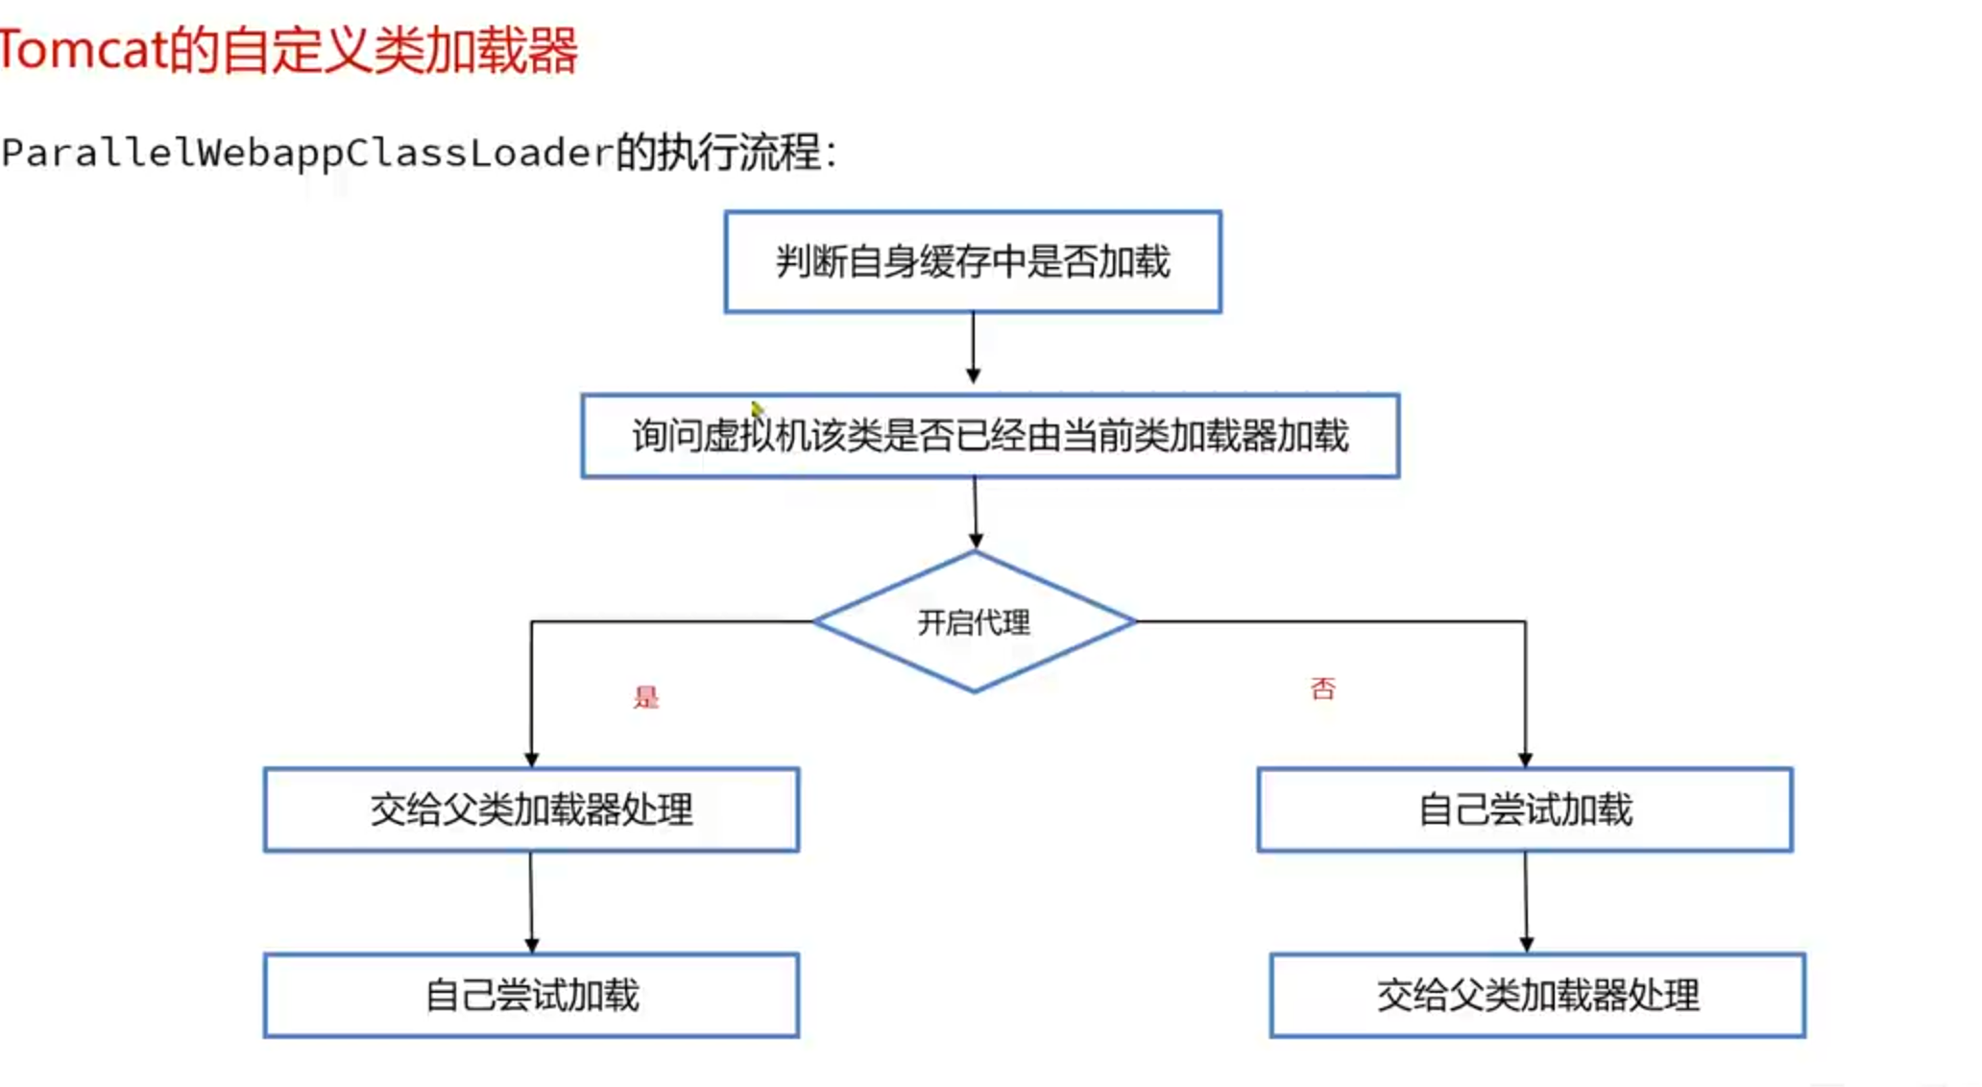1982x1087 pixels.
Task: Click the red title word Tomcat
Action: (84, 50)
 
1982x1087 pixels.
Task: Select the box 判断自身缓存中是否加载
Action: (973, 262)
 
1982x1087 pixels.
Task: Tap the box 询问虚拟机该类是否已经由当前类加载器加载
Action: (990, 436)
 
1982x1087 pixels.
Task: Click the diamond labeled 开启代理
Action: (974, 622)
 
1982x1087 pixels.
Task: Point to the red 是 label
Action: (646, 697)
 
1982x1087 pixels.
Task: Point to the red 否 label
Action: (1322, 688)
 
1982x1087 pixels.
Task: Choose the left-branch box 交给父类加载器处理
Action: (531, 809)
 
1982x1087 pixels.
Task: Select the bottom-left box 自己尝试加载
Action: (531, 995)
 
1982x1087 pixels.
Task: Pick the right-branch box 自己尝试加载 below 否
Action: (1525, 809)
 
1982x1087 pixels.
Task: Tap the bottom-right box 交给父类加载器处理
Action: (1537, 995)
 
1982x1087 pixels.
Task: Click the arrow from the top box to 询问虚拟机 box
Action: (973, 349)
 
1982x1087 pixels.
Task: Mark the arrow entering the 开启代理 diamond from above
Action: (976, 514)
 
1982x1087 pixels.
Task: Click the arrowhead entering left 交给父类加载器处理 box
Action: (532, 760)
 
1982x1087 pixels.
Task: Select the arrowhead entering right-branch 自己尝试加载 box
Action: (1526, 760)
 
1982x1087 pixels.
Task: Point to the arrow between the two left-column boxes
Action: (531, 903)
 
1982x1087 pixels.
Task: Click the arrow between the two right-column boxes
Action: (1526, 903)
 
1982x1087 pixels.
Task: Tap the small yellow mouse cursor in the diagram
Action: (758, 411)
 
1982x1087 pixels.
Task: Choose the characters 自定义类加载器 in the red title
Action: (399, 50)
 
